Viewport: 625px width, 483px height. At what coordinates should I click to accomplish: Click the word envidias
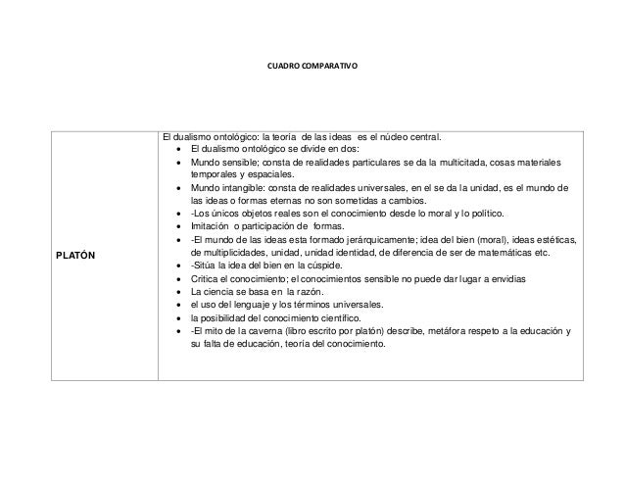click(x=507, y=280)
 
